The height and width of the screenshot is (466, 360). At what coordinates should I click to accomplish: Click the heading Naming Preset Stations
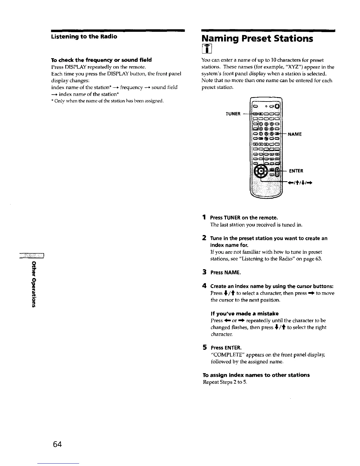pos(257,39)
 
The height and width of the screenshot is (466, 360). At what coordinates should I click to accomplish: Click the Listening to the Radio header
pos(84,36)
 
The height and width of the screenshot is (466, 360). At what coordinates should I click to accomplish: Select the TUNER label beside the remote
pos(233,114)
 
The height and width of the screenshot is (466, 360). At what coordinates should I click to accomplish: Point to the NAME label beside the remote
pos(295,134)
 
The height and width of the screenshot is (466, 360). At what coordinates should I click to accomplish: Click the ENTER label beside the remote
pos(296,171)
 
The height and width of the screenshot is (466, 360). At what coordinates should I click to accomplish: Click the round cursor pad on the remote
pos(261,171)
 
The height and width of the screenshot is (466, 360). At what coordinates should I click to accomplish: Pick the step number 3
pos(204,272)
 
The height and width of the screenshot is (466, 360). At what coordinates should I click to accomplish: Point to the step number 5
pos(204,347)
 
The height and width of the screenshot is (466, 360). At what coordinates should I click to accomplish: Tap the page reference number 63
pos(319,259)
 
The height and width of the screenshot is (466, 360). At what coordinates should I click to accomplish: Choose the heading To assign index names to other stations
pos(256,375)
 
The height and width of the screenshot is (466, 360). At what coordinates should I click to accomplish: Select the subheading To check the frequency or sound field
pos(101,60)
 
